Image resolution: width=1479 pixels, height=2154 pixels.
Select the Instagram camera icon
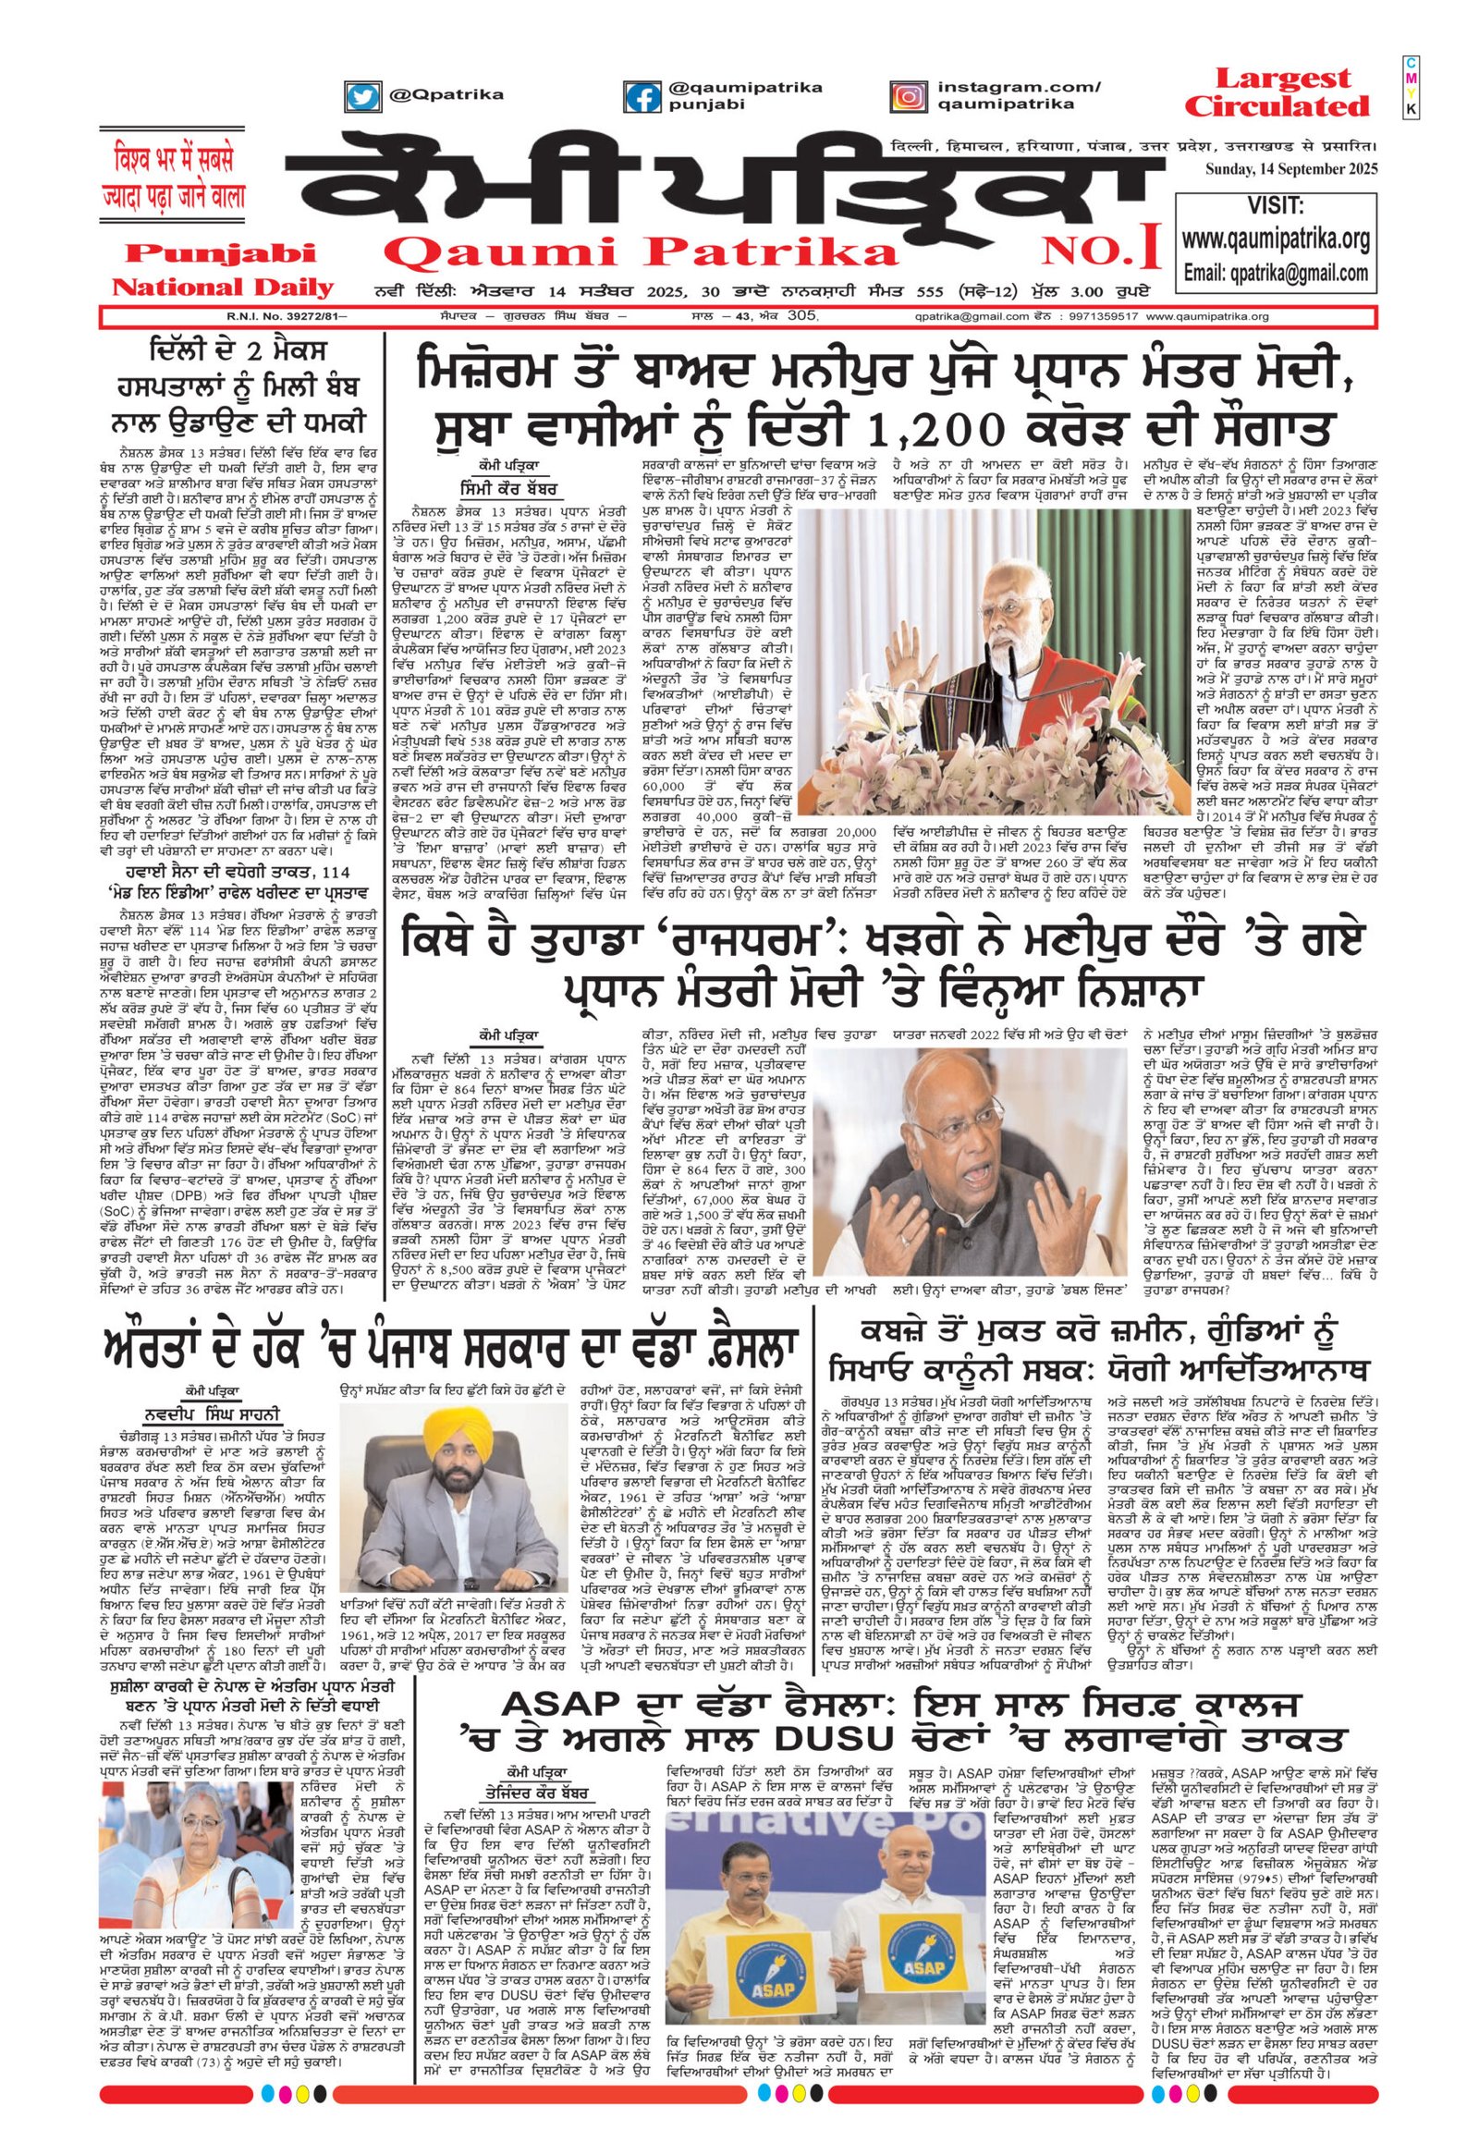(x=907, y=96)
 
